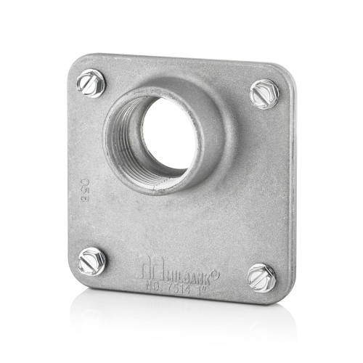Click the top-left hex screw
[x=91, y=82]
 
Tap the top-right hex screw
[x=264, y=94]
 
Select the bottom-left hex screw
[x=92, y=261]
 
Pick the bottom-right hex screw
[x=261, y=277]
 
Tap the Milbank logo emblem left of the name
[x=147, y=270]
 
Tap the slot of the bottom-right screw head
[x=261, y=277]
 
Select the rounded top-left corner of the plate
[x=76, y=61]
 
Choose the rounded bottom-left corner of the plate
[x=76, y=276]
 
